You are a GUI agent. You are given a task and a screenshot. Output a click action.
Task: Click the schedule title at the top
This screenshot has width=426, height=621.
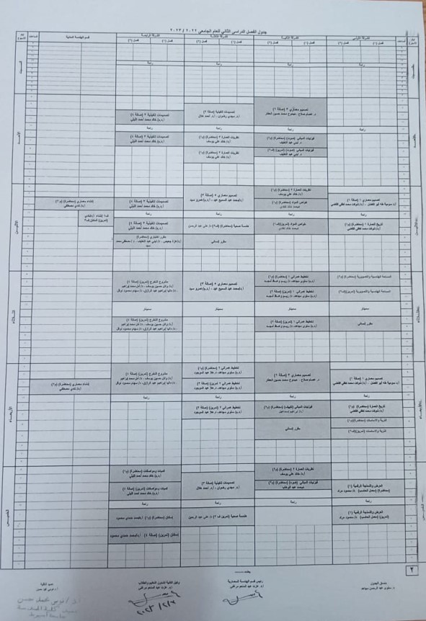(x=217, y=27)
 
